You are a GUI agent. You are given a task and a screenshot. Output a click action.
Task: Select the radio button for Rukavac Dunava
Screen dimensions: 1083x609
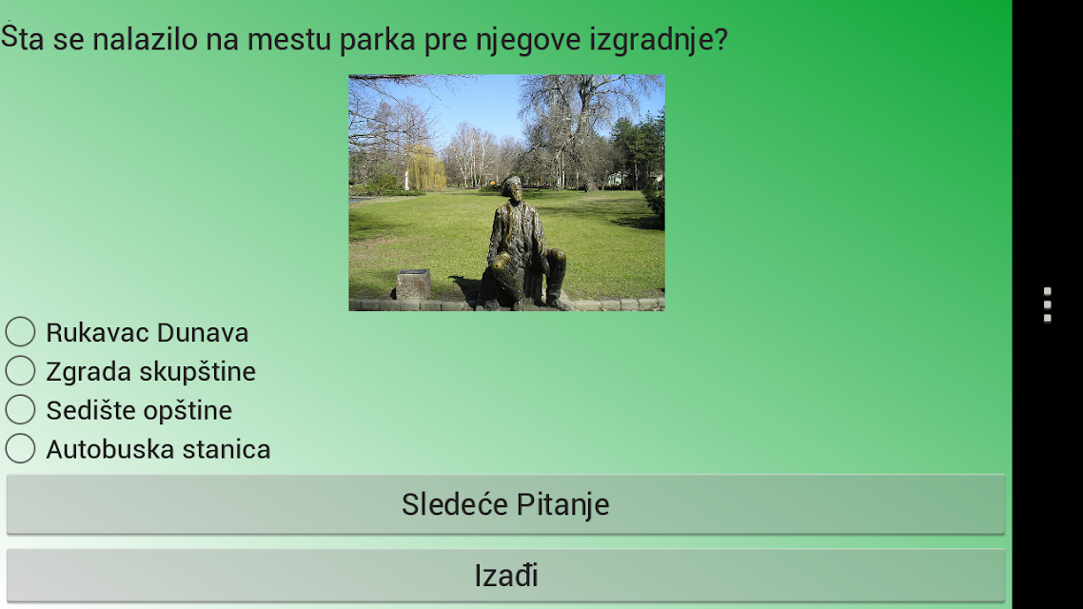(x=21, y=332)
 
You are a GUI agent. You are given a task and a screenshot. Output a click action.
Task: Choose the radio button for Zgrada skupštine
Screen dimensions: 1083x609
(x=21, y=371)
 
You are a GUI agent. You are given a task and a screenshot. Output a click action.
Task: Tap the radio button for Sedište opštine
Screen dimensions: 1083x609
(x=21, y=409)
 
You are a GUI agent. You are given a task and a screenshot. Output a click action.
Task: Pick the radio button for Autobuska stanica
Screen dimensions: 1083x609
(x=21, y=449)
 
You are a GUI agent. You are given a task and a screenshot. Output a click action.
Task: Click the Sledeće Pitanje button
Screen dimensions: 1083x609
(x=505, y=504)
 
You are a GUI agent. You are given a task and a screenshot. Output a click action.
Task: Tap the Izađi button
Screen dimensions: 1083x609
(x=505, y=575)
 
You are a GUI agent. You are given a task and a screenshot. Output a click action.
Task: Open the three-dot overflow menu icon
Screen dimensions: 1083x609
(x=1048, y=304)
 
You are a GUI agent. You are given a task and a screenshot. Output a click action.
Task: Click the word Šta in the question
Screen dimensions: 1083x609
(x=23, y=37)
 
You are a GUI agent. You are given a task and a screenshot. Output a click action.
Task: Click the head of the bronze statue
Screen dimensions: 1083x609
(x=512, y=188)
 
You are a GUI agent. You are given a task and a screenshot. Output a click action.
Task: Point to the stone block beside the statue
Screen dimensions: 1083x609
(x=413, y=284)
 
